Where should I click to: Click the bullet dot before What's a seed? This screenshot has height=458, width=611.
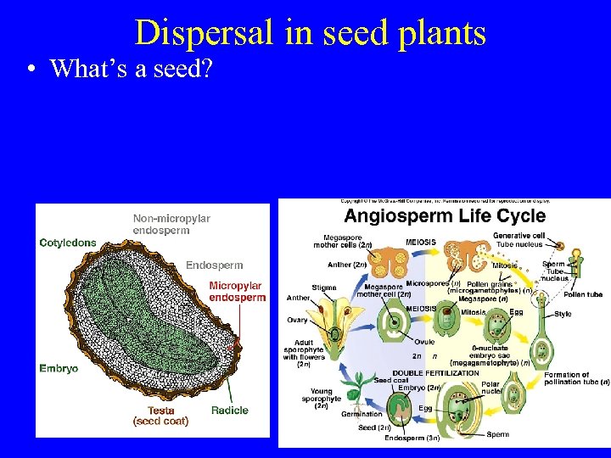[30, 70]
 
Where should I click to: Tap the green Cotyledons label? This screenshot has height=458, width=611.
[68, 243]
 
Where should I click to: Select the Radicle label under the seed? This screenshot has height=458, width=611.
[229, 411]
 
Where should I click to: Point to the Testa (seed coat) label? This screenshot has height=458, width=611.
[160, 415]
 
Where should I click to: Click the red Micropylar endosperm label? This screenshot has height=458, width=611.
[237, 292]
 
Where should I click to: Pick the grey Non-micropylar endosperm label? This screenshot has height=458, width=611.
[171, 224]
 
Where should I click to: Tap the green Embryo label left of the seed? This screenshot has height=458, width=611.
[59, 368]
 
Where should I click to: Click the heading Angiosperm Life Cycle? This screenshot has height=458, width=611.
[445, 216]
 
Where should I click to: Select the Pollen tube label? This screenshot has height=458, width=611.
[583, 294]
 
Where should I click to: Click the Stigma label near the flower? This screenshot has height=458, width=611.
[323, 288]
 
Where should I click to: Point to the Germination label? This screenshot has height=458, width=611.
[361, 414]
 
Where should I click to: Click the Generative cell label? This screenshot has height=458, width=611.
[519, 236]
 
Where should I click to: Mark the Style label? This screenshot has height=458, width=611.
[563, 314]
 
